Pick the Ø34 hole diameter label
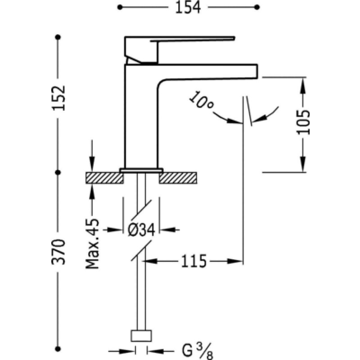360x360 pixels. tap(141, 230)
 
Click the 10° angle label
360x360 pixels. tap(201, 102)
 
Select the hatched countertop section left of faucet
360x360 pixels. tap(104, 178)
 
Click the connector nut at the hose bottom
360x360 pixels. tap(141, 336)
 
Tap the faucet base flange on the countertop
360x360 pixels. tap(141, 170)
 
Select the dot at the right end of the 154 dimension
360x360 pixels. tap(257, 7)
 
